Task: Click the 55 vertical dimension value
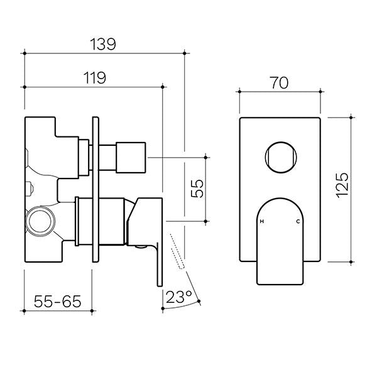click(197, 188)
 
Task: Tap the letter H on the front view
click(262, 222)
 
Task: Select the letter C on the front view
click(298, 222)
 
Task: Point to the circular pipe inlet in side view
click(41, 222)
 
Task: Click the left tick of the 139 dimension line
click(24, 55)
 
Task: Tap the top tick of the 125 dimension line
click(351, 116)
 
